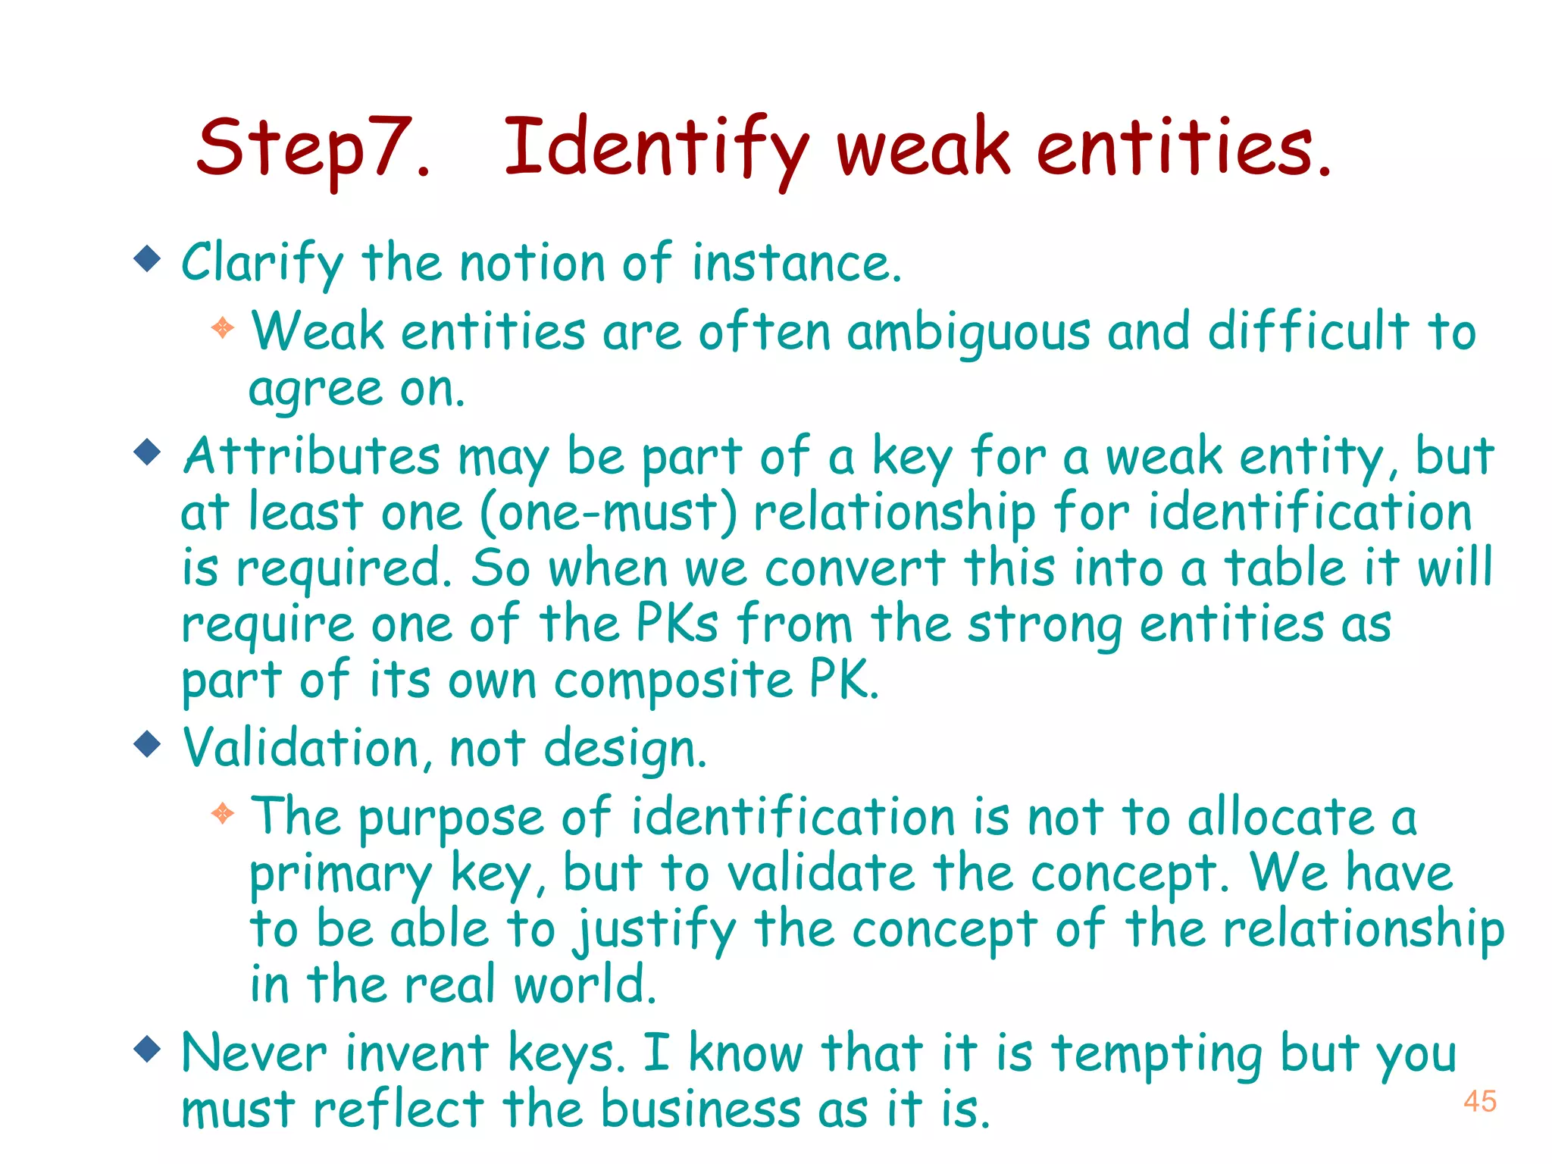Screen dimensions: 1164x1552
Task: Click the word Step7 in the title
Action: (313, 149)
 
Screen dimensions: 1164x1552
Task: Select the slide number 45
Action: (1479, 1101)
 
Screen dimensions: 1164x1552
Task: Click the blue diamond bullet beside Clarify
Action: (147, 259)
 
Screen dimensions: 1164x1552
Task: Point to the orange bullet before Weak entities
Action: (223, 328)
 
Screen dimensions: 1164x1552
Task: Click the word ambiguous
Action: (969, 334)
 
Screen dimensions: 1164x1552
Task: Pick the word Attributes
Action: (311, 457)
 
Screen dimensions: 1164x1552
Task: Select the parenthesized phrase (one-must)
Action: (609, 513)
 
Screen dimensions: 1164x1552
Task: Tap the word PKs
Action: (677, 624)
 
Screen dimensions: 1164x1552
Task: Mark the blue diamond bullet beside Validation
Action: (147, 743)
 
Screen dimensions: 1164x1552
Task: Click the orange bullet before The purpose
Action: (223, 814)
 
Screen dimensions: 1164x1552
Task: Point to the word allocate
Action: (1281, 818)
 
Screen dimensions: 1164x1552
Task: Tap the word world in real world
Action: (584, 985)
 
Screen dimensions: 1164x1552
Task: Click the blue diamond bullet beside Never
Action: (147, 1050)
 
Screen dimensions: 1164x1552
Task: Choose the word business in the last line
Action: (701, 1109)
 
